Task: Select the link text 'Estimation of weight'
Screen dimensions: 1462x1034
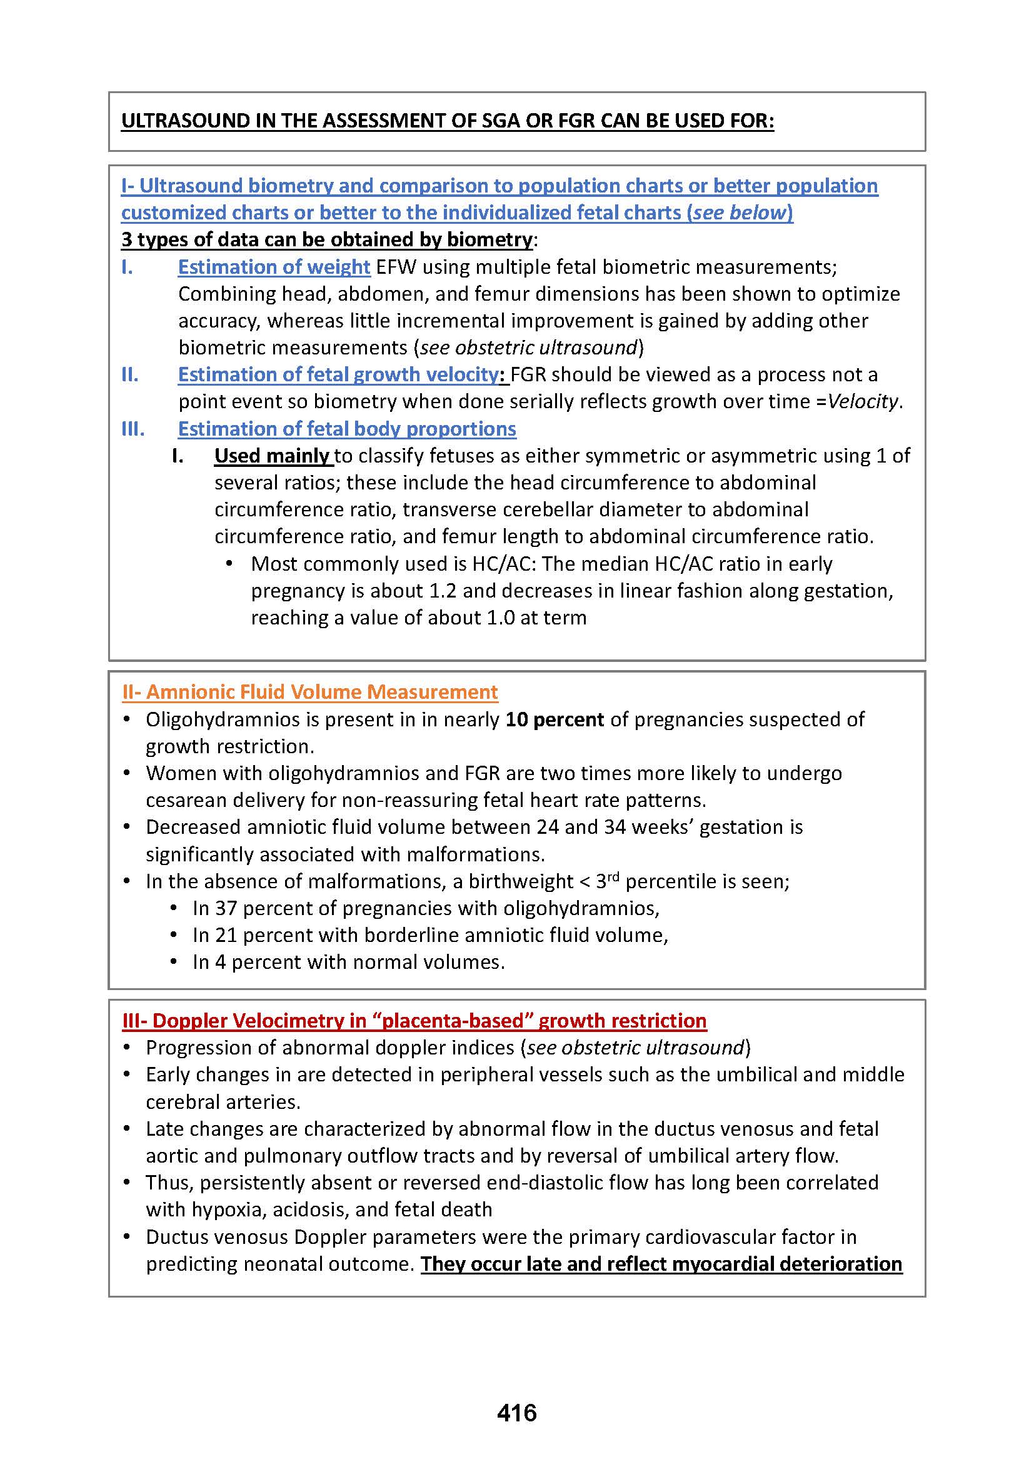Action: [x=274, y=267]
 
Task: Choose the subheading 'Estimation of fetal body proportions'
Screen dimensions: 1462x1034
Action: [x=347, y=429]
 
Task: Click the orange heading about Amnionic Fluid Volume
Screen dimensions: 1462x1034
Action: [x=309, y=691]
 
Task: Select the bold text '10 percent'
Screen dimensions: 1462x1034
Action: [x=554, y=719]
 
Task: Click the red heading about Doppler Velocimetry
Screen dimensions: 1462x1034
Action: [x=414, y=1021]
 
